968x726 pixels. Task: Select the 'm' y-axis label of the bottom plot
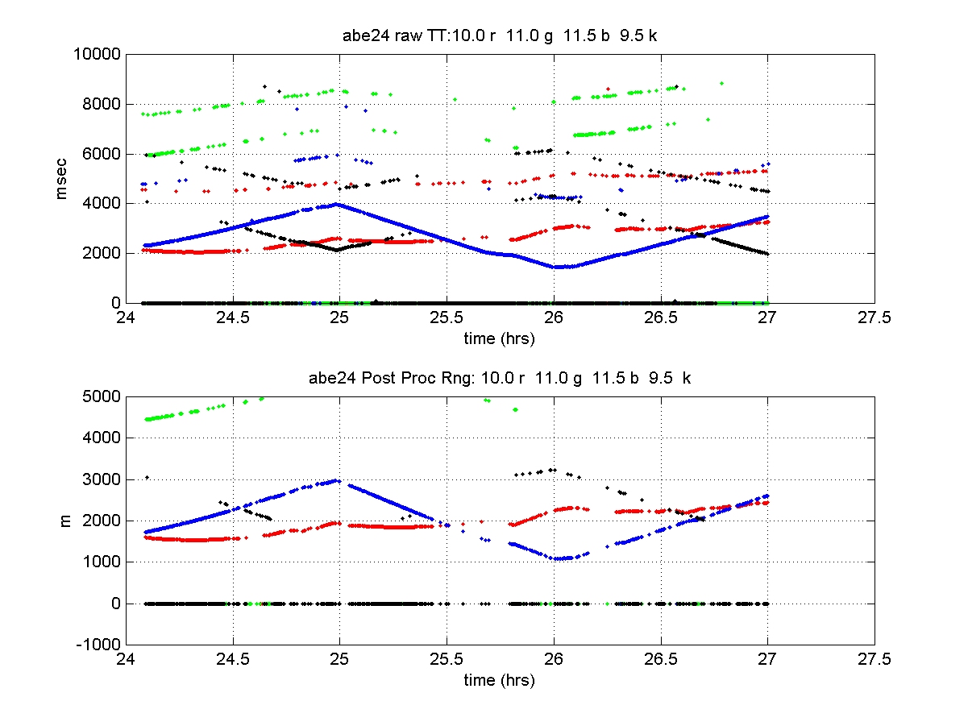[67, 521]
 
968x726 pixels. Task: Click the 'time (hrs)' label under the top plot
[499, 338]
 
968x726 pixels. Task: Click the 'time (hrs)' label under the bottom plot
[499, 680]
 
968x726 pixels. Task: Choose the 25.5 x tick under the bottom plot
[446, 658]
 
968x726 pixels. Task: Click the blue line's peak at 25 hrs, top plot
[338, 204]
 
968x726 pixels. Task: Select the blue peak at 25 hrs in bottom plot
[339, 481]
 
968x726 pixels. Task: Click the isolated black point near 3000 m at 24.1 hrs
[147, 477]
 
